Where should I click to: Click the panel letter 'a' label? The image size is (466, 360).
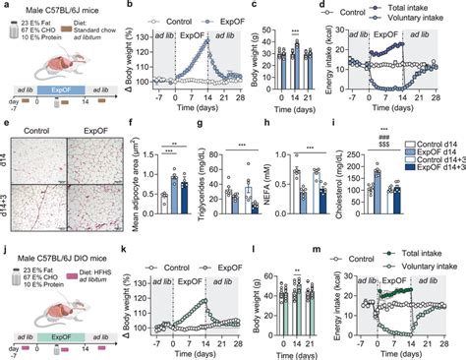6,7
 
